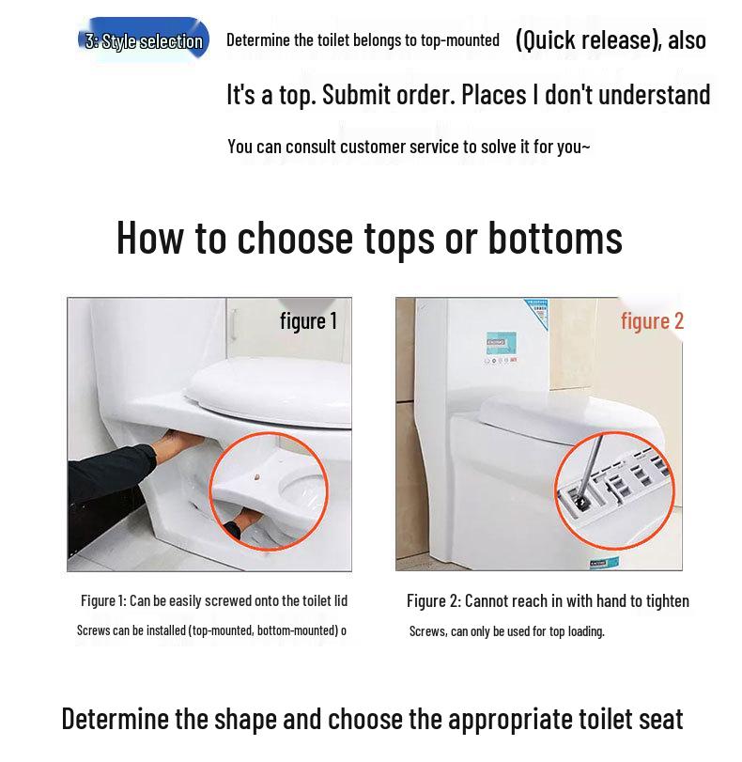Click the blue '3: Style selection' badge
click(x=144, y=41)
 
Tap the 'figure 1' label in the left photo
click(x=308, y=321)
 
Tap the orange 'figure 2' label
click(x=652, y=321)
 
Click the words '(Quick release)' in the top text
click(x=588, y=39)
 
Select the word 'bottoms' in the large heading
click(x=555, y=238)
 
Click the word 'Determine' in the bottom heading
click(x=115, y=720)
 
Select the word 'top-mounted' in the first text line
click(x=456, y=40)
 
